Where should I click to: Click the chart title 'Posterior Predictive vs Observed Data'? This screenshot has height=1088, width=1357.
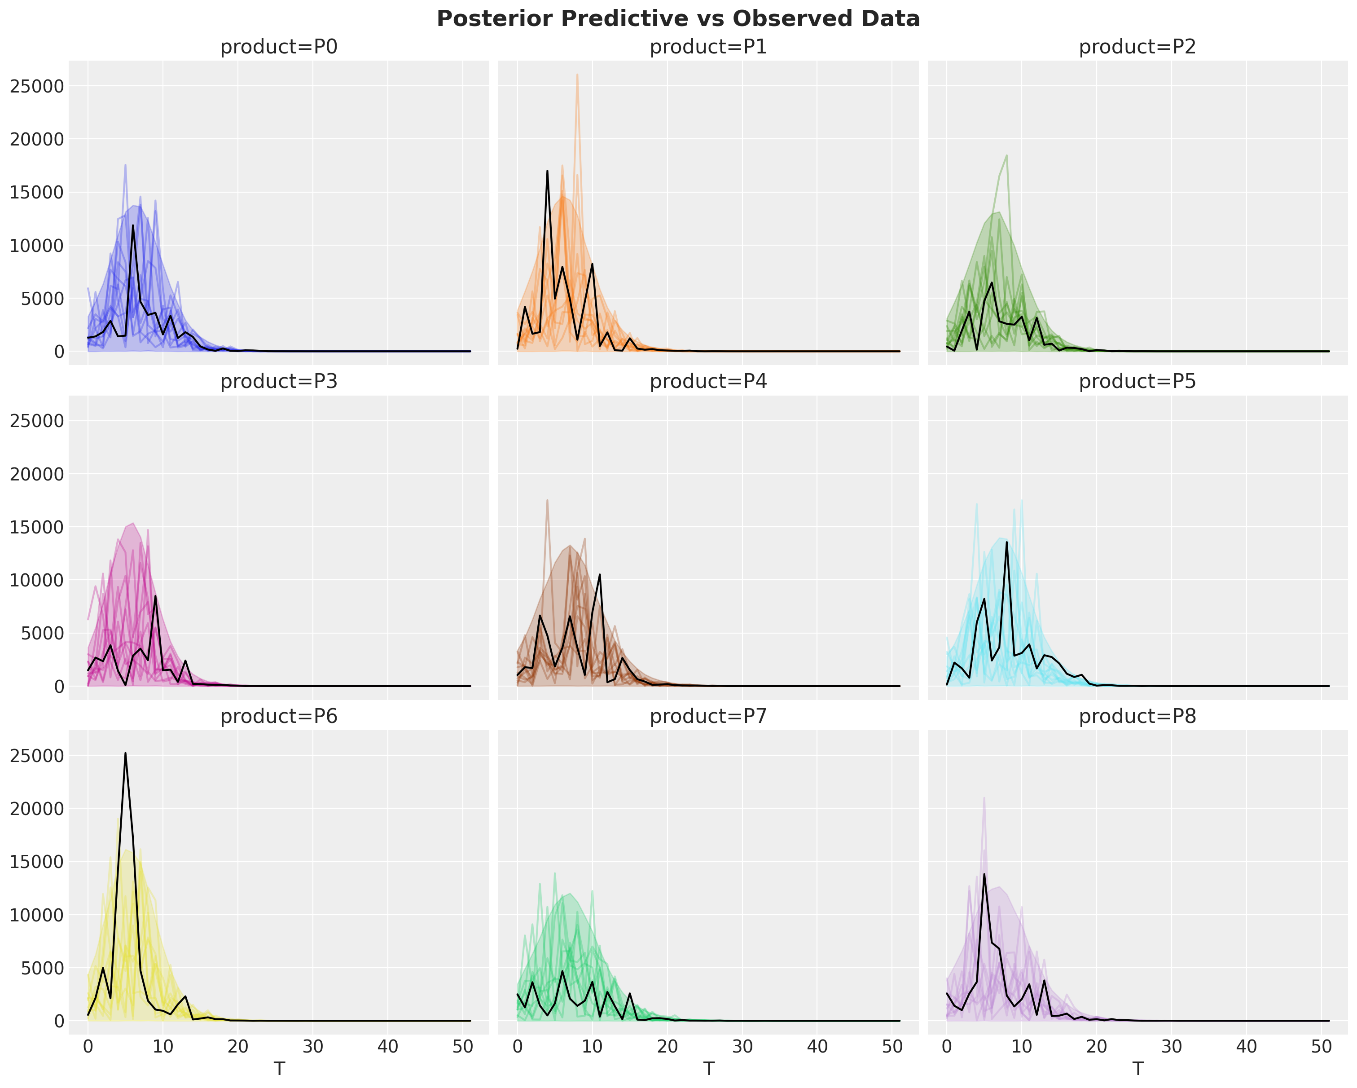click(x=678, y=19)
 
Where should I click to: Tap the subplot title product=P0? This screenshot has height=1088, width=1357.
click(x=279, y=47)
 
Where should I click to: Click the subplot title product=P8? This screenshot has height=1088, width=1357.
click(x=1137, y=717)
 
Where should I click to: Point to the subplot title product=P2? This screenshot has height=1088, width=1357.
click(x=1137, y=47)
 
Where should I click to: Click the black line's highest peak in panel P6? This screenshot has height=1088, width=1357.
click(x=125, y=753)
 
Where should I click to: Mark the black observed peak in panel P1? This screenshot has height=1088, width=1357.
click(x=548, y=171)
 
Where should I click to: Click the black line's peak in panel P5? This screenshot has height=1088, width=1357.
click(x=1006, y=542)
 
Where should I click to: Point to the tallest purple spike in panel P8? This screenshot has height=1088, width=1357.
click(x=984, y=798)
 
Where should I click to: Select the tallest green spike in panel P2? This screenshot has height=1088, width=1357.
click(x=1007, y=155)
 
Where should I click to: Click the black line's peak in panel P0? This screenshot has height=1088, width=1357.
click(x=133, y=225)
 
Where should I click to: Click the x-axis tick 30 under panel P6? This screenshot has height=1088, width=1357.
click(x=313, y=1046)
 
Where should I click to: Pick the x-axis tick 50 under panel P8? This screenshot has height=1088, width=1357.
click(x=1322, y=1046)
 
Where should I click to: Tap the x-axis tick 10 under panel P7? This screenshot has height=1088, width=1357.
click(x=592, y=1046)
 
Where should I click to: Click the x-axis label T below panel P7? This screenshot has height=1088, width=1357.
click(x=709, y=1069)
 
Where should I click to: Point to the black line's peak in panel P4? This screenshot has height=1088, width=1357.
click(x=600, y=574)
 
